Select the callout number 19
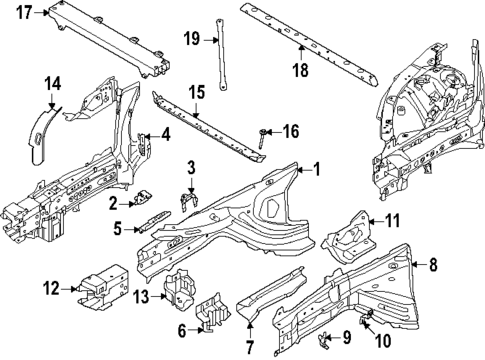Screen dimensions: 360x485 (192, 40)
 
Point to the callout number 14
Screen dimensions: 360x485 (53, 83)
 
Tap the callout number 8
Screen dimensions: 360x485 (433, 265)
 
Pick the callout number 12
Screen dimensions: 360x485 (53, 290)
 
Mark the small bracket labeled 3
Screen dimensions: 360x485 (187, 200)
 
